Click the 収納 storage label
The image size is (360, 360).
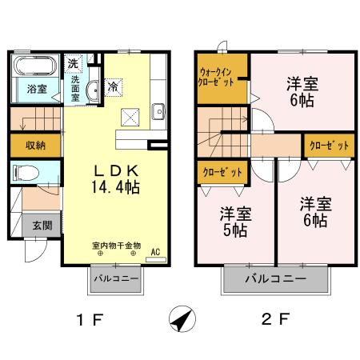pos(34,146)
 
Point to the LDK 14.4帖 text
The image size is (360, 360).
pos(118,178)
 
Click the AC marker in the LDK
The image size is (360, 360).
pos(155,251)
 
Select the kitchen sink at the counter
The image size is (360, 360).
pos(158,110)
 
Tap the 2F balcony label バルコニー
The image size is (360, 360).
pos(277,281)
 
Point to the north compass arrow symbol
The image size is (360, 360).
pos(182,319)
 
